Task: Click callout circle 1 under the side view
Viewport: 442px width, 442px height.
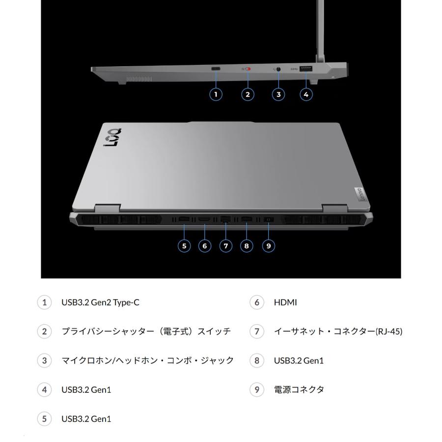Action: [x=216, y=94]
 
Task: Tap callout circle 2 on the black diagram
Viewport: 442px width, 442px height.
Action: [x=248, y=94]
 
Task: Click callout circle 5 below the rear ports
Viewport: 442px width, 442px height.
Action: [x=185, y=246]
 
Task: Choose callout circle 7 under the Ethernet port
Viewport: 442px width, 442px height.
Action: [x=226, y=246]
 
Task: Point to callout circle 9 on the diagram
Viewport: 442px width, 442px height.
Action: [x=268, y=246]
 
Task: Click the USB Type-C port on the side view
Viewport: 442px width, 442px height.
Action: [x=216, y=69]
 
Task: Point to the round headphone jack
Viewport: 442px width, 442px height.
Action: [x=279, y=69]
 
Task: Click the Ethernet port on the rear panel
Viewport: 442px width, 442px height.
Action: [x=226, y=219]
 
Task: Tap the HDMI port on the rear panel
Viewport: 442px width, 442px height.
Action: [x=205, y=219]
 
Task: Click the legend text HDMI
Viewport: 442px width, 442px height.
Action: [x=285, y=303]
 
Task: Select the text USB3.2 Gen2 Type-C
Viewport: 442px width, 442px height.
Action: [x=100, y=303]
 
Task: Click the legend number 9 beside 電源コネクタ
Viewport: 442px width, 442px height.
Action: [x=256, y=390]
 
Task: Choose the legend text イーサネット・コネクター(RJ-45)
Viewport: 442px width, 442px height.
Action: [x=338, y=331]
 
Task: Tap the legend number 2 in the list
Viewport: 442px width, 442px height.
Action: [x=44, y=331]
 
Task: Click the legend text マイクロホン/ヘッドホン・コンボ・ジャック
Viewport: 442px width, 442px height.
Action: [x=147, y=361]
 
